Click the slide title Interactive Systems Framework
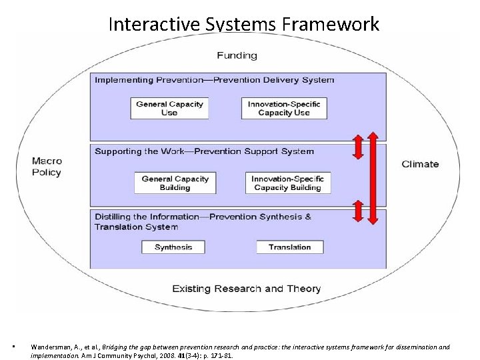[243, 25]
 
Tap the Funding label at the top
[237, 55]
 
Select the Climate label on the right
[420, 164]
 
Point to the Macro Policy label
[47, 167]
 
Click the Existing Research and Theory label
[246, 289]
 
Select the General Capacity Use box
[169, 108]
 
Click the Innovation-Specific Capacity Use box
[284, 108]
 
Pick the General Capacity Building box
[175, 183]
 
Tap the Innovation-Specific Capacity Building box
[288, 183]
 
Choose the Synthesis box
[173, 247]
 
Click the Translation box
[289, 247]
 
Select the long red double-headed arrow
[373, 178]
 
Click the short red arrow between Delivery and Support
[358, 147]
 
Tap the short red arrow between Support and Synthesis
[358, 211]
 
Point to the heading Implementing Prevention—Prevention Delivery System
[214, 80]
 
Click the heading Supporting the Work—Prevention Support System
[204, 151]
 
